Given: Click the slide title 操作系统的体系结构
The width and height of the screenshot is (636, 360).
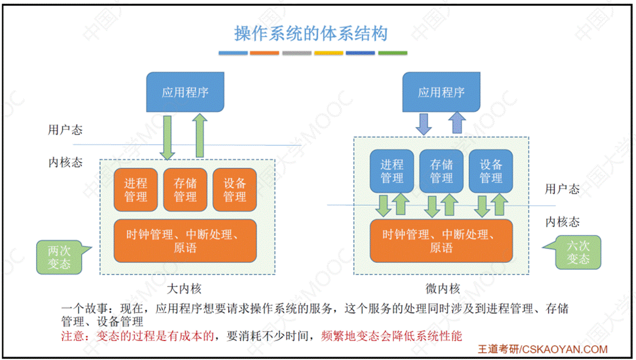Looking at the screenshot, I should click(311, 33).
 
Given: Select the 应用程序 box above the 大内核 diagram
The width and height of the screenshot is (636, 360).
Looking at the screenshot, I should click(185, 92).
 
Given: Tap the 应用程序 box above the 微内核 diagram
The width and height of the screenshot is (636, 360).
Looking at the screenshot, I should click(441, 92).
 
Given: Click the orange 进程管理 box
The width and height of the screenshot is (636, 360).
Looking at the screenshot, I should click(136, 190).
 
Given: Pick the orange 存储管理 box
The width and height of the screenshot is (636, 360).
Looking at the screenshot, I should click(185, 190).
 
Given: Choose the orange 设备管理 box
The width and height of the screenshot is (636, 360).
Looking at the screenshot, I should click(235, 190).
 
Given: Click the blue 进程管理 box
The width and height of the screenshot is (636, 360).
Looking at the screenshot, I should click(392, 171).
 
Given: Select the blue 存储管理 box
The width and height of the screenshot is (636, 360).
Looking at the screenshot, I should click(442, 171).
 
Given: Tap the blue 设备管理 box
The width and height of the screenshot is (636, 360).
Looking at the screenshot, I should click(491, 171).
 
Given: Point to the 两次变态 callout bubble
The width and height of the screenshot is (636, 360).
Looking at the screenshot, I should click(59, 257).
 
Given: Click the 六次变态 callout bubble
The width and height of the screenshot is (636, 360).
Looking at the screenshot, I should click(578, 252).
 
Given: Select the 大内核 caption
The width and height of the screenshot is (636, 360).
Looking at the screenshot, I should click(185, 289).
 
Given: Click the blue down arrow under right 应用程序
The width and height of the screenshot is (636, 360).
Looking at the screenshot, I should click(424, 123).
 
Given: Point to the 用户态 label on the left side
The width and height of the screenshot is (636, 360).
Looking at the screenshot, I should click(65, 130).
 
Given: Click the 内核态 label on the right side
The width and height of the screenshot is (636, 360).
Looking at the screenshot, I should click(563, 222).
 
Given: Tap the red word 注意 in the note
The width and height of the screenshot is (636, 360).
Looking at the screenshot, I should click(73, 336).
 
